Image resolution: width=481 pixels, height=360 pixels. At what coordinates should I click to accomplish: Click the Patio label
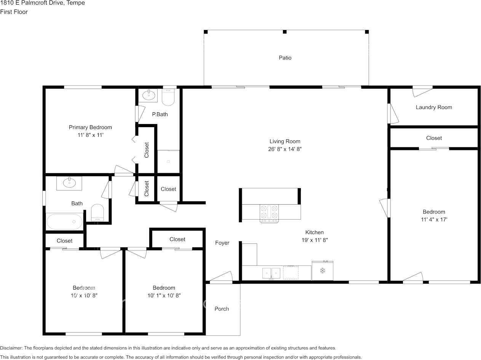[285, 58]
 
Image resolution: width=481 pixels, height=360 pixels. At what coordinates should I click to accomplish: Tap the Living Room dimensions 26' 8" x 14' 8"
[285, 149]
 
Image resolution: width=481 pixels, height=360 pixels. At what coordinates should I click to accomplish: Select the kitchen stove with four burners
[269, 213]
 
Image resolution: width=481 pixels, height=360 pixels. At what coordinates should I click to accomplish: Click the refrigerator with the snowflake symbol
[323, 271]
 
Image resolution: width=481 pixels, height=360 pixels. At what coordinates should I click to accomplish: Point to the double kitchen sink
[271, 273]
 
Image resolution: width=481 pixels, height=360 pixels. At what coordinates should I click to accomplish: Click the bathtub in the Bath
[64, 221]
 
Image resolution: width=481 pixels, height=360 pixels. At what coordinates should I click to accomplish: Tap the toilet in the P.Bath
[168, 97]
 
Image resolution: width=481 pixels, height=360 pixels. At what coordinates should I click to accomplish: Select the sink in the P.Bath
[149, 95]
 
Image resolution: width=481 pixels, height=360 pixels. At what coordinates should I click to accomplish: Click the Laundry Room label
[434, 107]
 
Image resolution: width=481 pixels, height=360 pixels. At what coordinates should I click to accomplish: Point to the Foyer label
[222, 243]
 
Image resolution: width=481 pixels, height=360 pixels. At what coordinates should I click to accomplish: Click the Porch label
[222, 309]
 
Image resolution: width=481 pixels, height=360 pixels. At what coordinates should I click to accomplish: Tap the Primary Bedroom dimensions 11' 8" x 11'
[90, 135]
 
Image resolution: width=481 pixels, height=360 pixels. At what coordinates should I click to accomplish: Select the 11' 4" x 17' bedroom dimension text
[434, 220]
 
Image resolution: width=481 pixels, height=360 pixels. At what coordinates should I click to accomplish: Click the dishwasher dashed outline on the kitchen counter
[291, 272]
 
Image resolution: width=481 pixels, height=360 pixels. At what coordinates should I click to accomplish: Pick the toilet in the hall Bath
[97, 213]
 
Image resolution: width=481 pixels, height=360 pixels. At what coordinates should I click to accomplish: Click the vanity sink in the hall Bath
[69, 183]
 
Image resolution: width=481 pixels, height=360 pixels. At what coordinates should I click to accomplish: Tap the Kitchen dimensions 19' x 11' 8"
[315, 240]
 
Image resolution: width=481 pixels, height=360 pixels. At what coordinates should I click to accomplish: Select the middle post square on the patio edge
[284, 32]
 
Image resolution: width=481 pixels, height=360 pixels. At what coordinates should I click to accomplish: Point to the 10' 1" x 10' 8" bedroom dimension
[164, 296]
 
